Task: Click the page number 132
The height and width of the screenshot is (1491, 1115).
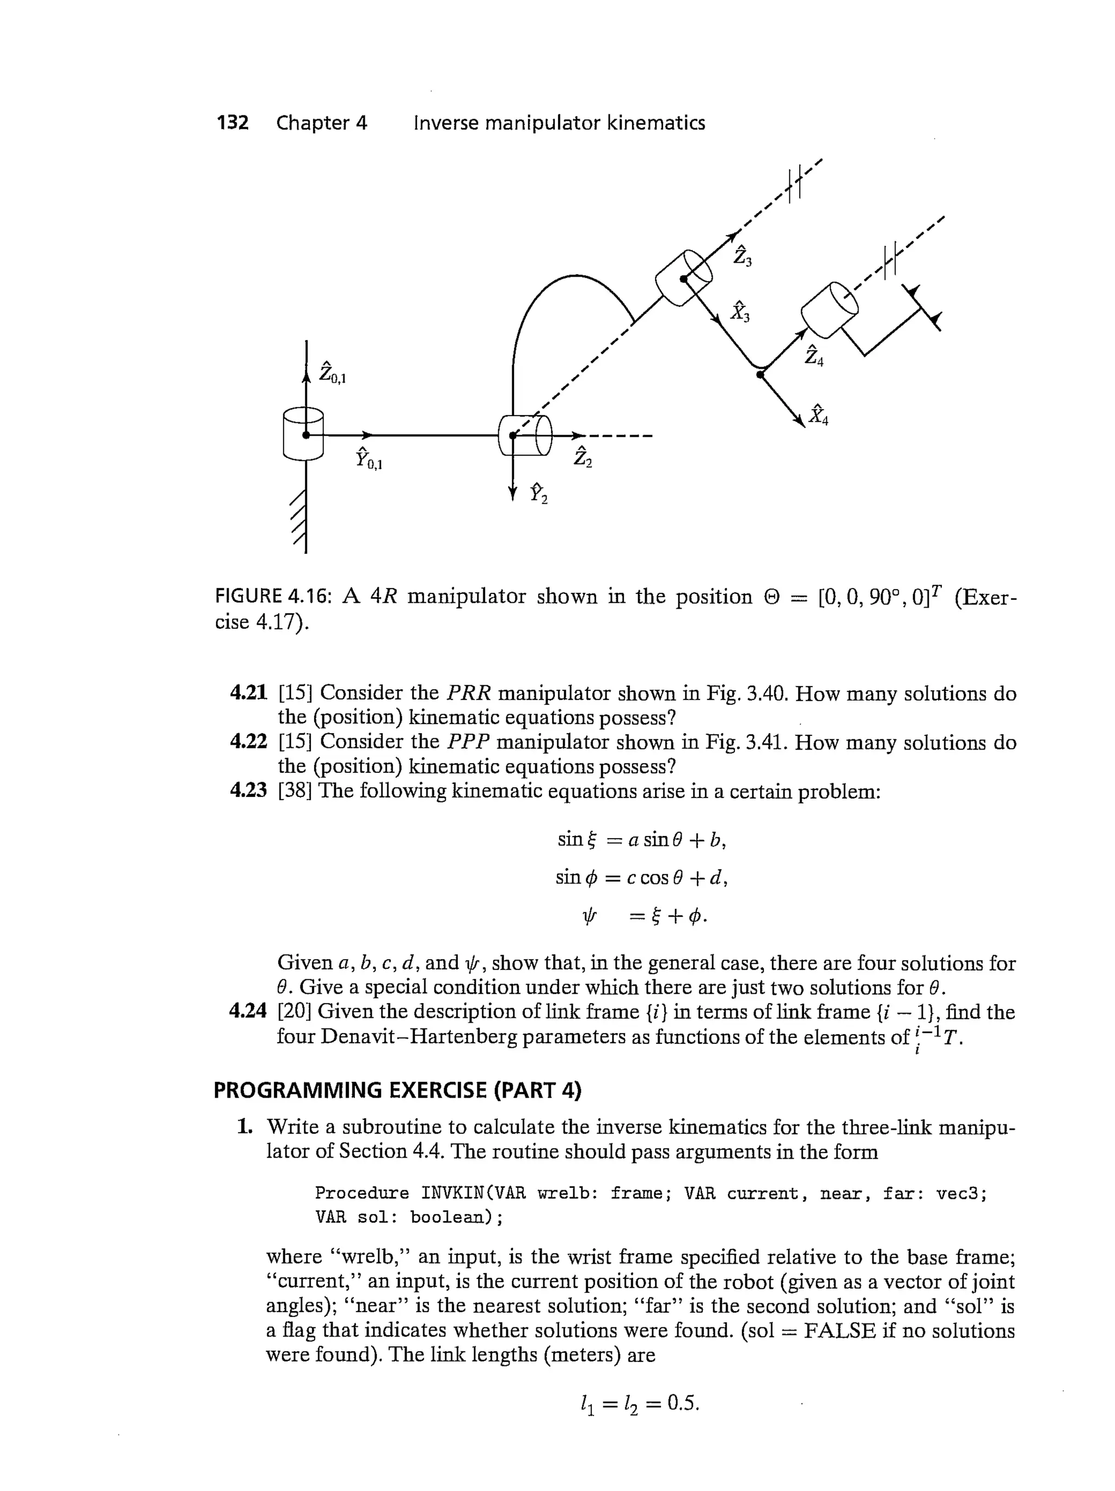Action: click(x=232, y=123)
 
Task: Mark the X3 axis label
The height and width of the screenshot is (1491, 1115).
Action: click(x=740, y=311)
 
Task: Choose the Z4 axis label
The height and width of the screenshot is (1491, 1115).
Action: click(x=813, y=355)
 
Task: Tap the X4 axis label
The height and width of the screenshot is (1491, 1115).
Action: click(x=818, y=414)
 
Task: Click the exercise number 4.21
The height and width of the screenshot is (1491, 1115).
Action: click(x=248, y=692)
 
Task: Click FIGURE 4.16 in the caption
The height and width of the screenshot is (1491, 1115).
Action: click(x=273, y=597)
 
